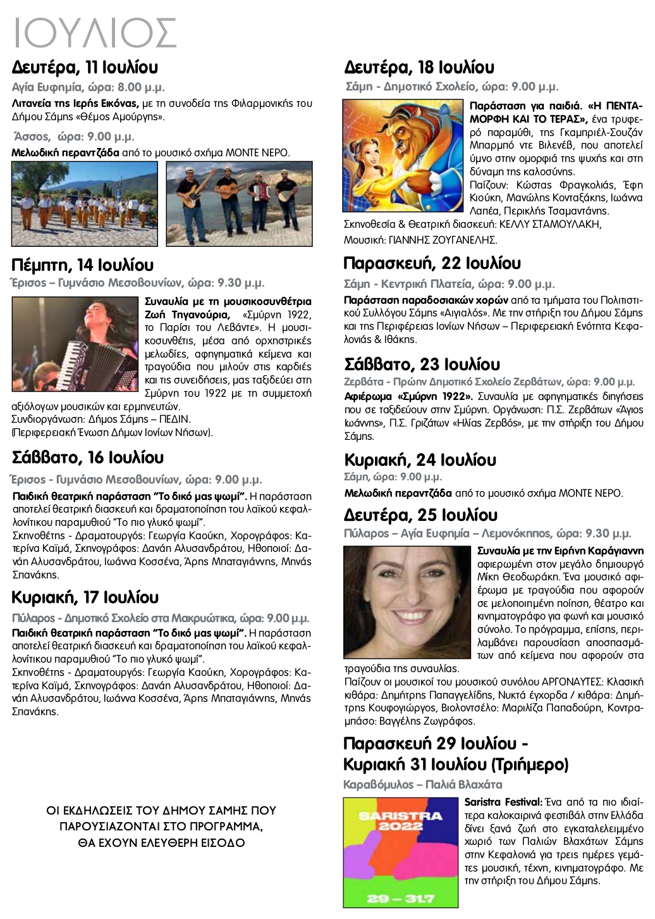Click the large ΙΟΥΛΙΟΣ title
(95, 33)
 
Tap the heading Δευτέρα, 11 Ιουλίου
(85, 67)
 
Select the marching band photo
(85, 203)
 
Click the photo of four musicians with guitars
(239, 203)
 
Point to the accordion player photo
(75, 344)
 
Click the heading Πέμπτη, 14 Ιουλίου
(82, 265)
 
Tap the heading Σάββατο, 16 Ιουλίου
(88, 458)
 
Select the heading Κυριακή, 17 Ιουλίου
(85, 597)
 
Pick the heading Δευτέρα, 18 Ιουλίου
(419, 67)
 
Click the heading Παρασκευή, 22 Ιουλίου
(432, 263)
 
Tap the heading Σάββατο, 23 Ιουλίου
(422, 365)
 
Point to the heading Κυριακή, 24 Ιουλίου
(420, 460)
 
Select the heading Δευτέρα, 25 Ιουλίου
(420, 515)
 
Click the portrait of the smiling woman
(407, 602)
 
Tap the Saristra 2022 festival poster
(400, 852)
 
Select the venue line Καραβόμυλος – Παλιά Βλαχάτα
(422, 785)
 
